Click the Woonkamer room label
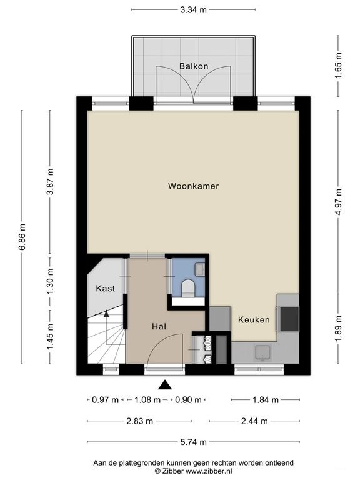pyautogui.click(x=194, y=186)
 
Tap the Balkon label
pyautogui.click(x=194, y=66)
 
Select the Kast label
pyautogui.click(x=106, y=288)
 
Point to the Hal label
pyautogui.click(x=159, y=327)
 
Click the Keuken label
pyautogui.click(x=254, y=320)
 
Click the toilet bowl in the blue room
pyautogui.click(x=188, y=288)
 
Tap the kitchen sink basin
pyautogui.click(x=263, y=352)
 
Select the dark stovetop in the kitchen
pyautogui.click(x=289, y=319)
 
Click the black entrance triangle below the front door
pyautogui.click(x=165, y=385)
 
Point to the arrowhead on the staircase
pyautogui.click(x=106, y=313)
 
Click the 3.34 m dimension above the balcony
pyautogui.click(x=194, y=10)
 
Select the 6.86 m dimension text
pyautogui.click(x=22, y=237)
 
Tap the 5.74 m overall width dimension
pyautogui.click(x=193, y=442)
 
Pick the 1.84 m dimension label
pyautogui.click(x=266, y=400)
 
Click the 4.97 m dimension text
pyautogui.click(x=338, y=202)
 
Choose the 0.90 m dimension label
pyautogui.click(x=188, y=400)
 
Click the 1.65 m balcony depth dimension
pyautogui.click(x=338, y=66)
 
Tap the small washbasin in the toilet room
pyautogui.click(x=200, y=270)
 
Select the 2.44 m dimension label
pyautogui.click(x=254, y=421)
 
